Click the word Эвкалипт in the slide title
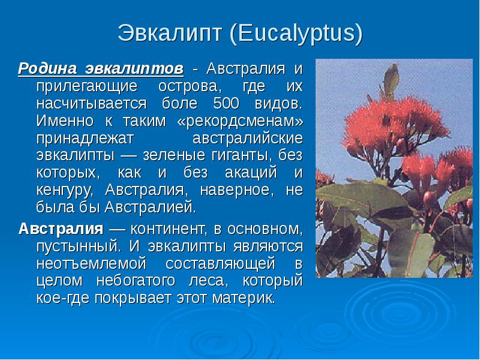[x=169, y=33]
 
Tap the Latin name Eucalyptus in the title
[x=296, y=34]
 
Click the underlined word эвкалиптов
[x=134, y=68]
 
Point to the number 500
[x=226, y=103]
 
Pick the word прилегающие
[x=86, y=86]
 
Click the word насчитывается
[x=91, y=104]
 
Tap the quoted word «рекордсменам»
[x=240, y=121]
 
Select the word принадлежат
[x=85, y=139]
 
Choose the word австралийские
[x=248, y=139]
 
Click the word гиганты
[x=242, y=155]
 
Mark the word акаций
[x=251, y=173]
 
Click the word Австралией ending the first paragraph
[x=150, y=208]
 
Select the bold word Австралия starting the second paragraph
[x=61, y=229]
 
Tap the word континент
[x=169, y=229]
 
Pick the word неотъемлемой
[x=91, y=264]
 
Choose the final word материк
[x=244, y=298]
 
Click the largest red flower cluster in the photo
[x=395, y=125]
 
